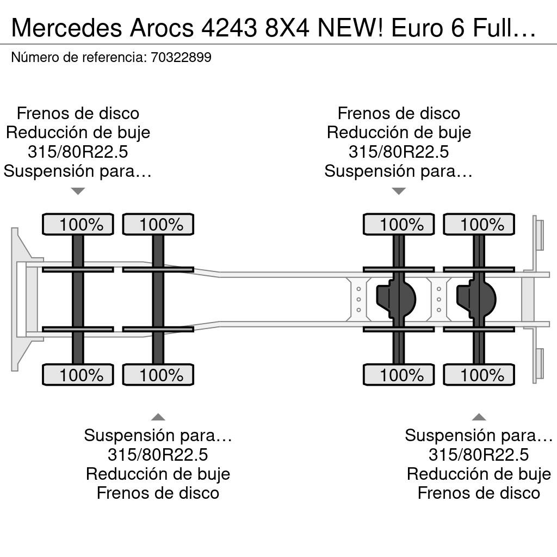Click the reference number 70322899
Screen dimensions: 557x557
click(x=181, y=57)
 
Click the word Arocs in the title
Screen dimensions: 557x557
click(x=162, y=28)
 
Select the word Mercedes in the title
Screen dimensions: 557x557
click(x=67, y=28)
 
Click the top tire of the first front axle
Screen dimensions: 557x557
click(x=78, y=224)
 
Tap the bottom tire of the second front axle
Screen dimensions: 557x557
click(x=158, y=375)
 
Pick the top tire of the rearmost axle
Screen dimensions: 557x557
click(x=479, y=224)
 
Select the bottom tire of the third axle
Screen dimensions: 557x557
click(x=399, y=375)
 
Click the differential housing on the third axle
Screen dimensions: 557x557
click(x=395, y=299)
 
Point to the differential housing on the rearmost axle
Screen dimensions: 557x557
click(x=475, y=299)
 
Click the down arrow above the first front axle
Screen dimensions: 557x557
click(x=78, y=191)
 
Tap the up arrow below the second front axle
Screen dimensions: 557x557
click(x=158, y=417)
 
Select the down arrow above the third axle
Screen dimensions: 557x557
click(x=399, y=191)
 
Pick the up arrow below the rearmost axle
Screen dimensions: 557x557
click(x=479, y=417)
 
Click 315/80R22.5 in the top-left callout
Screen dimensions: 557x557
click(x=78, y=152)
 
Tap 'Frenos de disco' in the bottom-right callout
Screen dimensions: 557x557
click(x=479, y=493)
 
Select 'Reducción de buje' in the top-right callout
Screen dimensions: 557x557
click(x=399, y=133)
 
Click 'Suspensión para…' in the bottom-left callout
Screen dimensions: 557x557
click(x=158, y=436)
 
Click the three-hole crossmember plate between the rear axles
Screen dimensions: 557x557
click(x=439, y=300)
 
